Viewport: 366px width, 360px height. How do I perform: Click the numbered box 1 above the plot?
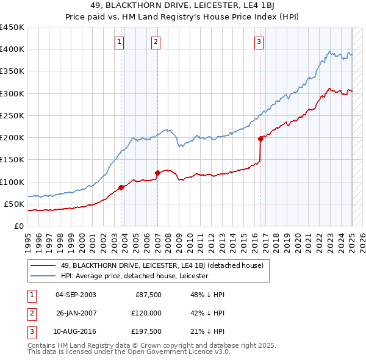click(119, 42)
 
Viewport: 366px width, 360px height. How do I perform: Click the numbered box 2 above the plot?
click(156, 42)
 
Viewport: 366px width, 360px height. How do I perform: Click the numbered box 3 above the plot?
click(259, 42)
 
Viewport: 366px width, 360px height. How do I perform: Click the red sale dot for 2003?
click(121, 187)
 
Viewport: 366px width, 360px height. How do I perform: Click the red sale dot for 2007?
click(157, 173)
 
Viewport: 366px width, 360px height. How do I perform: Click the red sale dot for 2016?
click(260, 139)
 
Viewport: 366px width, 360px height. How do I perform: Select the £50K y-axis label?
click(15, 204)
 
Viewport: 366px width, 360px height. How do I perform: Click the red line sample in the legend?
click(43, 265)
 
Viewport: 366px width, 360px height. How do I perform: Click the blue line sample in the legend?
click(43, 276)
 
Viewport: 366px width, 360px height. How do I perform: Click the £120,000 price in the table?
click(148, 313)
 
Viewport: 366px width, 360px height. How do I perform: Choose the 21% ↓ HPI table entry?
click(208, 331)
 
